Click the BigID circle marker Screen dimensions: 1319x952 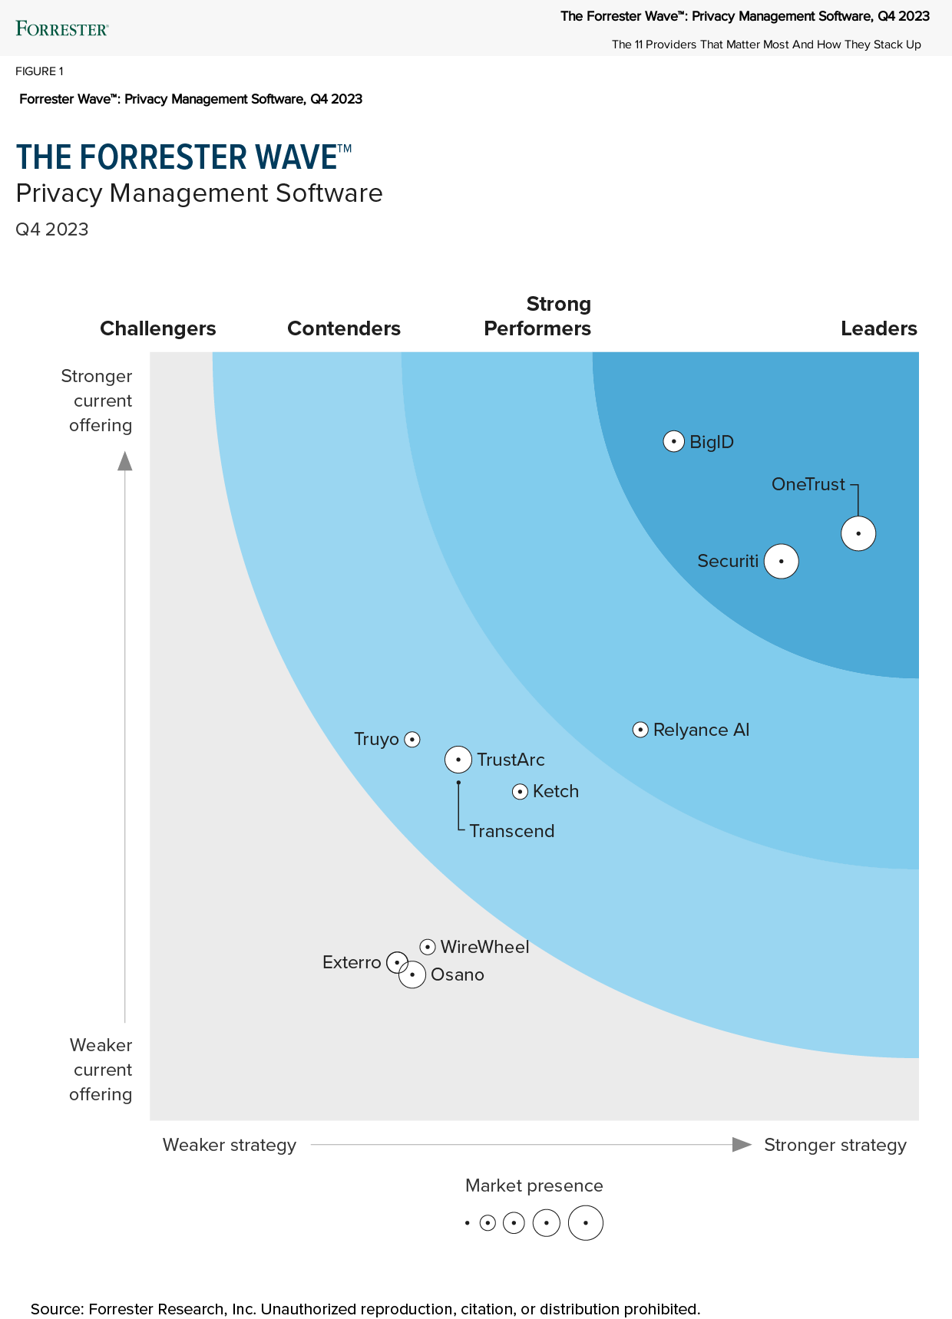point(673,442)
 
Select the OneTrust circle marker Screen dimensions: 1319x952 point(858,533)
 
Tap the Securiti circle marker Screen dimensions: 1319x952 point(782,561)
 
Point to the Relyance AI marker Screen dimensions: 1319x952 point(640,730)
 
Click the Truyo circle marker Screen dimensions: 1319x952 point(412,740)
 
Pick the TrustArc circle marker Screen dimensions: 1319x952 point(458,760)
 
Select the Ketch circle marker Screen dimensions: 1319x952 point(520,791)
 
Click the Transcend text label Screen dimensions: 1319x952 point(512,831)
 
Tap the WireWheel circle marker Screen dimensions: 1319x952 point(428,947)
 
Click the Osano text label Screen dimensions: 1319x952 point(458,974)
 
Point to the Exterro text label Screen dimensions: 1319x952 point(352,962)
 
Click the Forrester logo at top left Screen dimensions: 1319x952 point(62,29)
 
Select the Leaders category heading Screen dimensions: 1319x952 point(878,328)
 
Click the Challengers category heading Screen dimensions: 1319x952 point(158,328)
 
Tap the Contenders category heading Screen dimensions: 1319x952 point(344,328)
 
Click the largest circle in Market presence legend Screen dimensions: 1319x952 point(586,1223)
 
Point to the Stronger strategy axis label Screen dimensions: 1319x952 point(835,1145)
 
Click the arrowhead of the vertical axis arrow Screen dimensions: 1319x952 point(124,460)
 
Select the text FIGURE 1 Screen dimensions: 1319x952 point(39,71)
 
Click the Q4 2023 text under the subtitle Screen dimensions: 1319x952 point(52,229)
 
